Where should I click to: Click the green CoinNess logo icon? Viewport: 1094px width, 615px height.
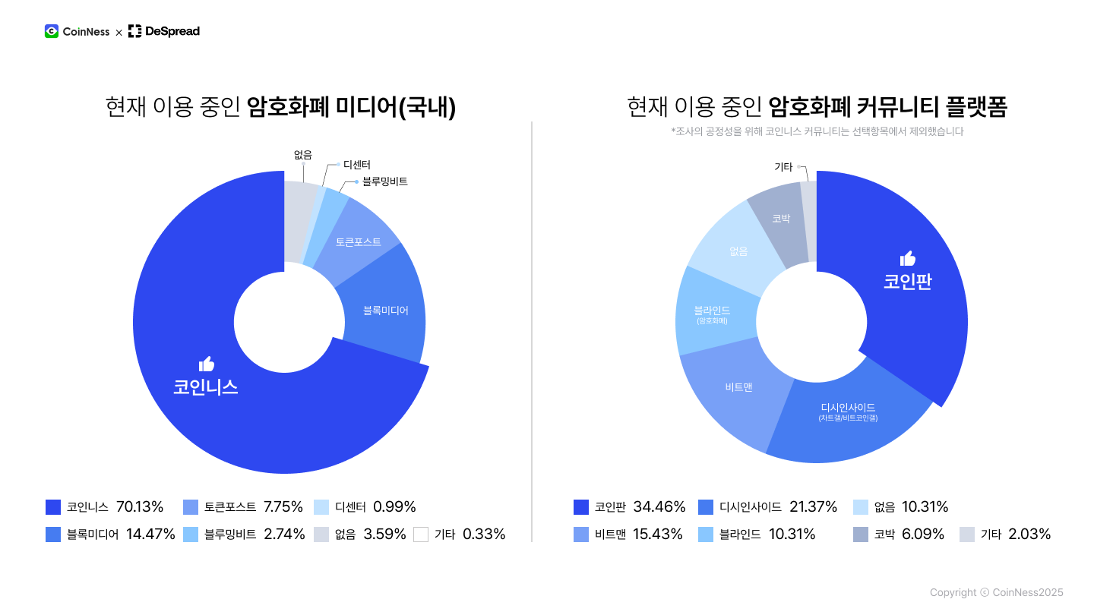52,31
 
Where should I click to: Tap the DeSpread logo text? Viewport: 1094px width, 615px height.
172,31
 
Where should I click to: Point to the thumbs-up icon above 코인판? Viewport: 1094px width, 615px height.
907,258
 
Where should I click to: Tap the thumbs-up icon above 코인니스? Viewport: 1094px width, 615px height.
206,364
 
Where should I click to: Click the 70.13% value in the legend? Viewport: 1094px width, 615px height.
140,507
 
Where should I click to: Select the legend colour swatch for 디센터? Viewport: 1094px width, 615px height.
321,507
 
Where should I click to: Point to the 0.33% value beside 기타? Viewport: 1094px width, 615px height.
484,535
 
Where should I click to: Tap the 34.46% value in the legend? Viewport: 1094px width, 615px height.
659,507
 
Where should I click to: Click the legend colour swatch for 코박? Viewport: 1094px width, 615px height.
860,535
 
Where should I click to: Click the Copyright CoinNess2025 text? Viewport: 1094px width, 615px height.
996,593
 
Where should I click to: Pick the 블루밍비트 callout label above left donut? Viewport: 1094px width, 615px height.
385,181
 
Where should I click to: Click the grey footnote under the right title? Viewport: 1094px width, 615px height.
817,131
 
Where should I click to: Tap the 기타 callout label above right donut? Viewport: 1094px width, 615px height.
783,167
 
